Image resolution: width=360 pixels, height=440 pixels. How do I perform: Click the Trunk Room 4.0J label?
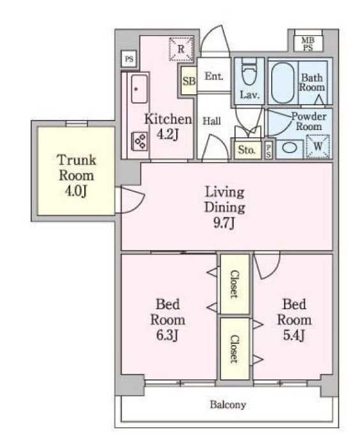pos(77,175)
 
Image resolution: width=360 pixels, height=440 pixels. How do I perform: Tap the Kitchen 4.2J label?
pos(168,126)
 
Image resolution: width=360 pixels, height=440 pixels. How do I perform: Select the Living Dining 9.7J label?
pos(225,208)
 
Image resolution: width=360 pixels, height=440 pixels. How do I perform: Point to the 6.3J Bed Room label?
pos(168,320)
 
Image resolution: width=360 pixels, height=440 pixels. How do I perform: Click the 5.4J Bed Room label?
pos(294,320)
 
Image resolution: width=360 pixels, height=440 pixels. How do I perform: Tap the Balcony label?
pos(228,405)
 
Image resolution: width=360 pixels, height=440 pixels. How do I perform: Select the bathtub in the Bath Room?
pos(283,82)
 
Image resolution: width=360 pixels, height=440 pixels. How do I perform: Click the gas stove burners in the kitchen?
pos(140,141)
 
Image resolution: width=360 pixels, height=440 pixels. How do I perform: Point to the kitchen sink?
pos(139,89)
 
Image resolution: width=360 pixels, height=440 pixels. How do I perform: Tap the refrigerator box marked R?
pos(181,49)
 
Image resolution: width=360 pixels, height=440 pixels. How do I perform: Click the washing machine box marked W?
pos(318,146)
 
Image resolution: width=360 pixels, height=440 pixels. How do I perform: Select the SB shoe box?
pos(189,81)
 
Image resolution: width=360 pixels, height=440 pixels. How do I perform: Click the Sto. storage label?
pos(247,150)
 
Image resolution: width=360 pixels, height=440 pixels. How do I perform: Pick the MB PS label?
pos(308,44)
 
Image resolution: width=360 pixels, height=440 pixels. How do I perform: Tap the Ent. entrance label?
pos(214,76)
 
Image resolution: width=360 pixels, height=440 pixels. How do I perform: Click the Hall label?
pos(212,121)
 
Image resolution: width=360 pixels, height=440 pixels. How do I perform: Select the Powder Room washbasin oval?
pos(290,148)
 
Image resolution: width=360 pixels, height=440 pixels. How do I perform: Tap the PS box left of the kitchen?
pos(129,59)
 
